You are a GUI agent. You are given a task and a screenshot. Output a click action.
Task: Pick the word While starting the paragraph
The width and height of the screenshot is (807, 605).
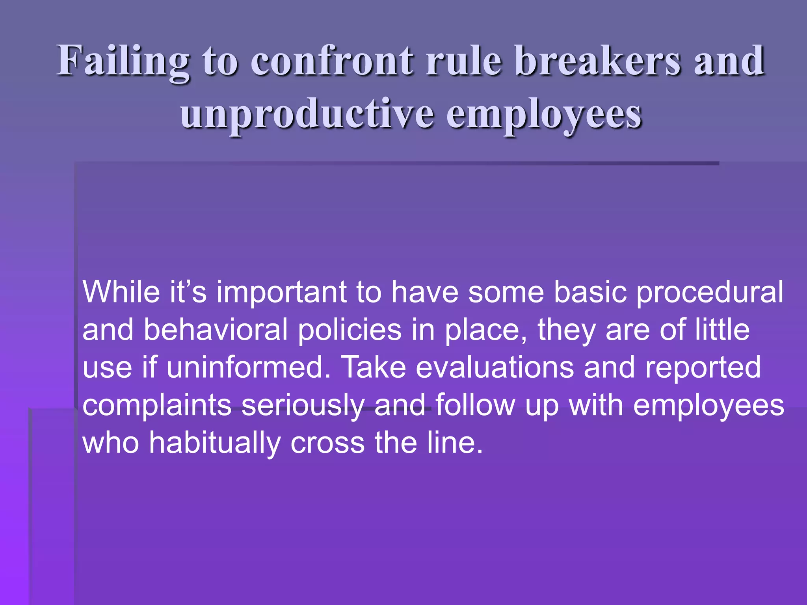[121, 292]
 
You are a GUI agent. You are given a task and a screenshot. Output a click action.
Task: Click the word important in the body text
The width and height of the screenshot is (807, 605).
[281, 292]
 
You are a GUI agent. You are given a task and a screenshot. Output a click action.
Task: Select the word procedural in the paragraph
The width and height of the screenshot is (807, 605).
[710, 292]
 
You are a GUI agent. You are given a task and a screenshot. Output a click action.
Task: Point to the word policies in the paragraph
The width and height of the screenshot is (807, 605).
[350, 330]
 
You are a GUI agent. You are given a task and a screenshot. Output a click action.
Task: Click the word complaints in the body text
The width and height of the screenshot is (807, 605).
[157, 405]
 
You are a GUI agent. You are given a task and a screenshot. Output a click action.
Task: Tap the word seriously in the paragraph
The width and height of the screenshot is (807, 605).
[303, 405]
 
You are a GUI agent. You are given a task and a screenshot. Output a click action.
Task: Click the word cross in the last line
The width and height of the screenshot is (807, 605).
[327, 443]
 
